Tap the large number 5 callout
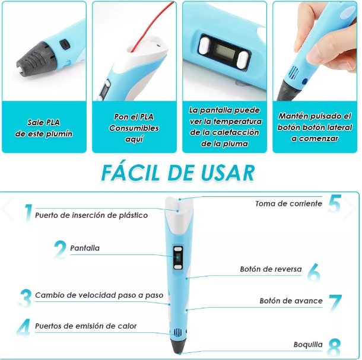pos(335,203)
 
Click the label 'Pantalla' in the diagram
pos(85,248)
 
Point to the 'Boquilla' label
pos(308,344)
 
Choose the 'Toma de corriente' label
pos(288,203)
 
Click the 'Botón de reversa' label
pos(271,269)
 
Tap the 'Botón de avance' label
pos(291,301)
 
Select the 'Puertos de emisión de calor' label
pos(85,326)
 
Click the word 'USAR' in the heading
pos(228,173)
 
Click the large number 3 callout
pos(26,297)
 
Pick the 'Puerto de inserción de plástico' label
pos(91,215)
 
